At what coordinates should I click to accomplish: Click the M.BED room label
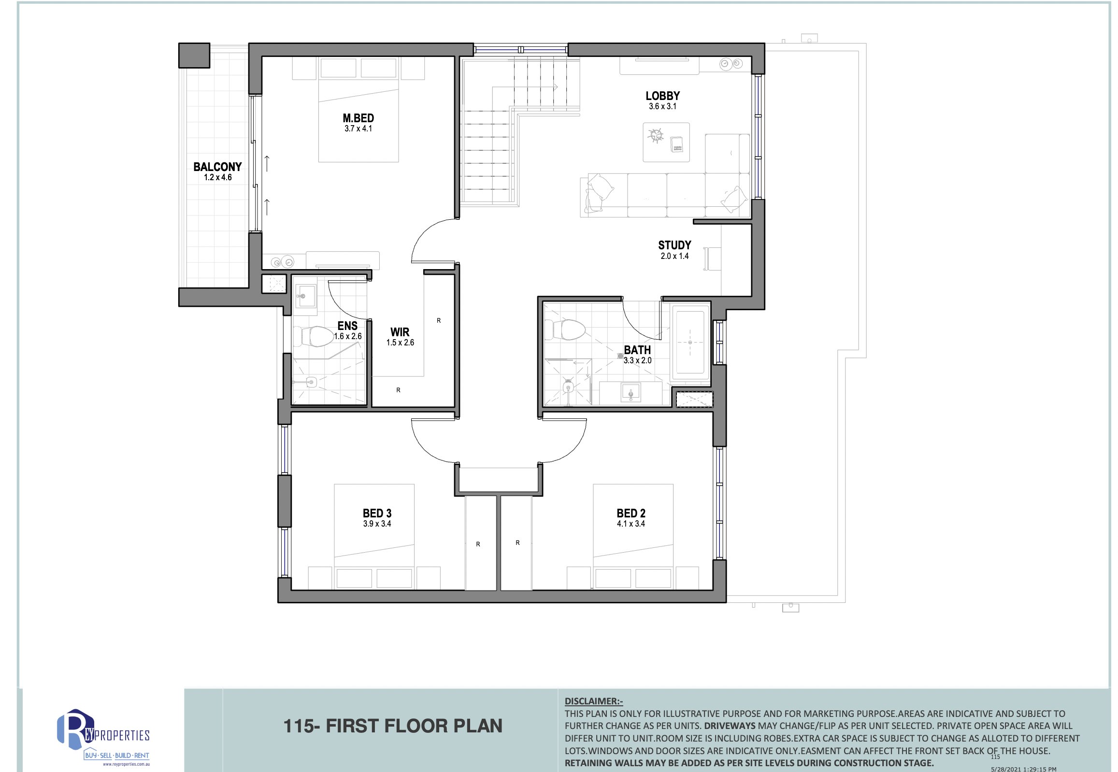[x=358, y=118]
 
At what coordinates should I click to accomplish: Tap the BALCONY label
[x=218, y=167]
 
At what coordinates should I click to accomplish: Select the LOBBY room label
[x=663, y=96]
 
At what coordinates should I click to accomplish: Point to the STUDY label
[x=674, y=245]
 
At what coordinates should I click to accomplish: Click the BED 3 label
[x=377, y=513]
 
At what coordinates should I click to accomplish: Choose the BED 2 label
[x=631, y=513]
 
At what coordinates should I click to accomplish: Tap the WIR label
[x=400, y=332]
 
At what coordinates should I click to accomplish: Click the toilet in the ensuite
[x=317, y=337]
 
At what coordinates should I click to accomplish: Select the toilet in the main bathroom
[x=569, y=330]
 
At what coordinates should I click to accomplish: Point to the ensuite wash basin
[x=305, y=295]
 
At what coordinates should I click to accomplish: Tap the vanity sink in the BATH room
[x=631, y=392]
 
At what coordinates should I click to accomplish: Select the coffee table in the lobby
[x=666, y=142]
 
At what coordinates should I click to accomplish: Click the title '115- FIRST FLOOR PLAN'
[x=392, y=726]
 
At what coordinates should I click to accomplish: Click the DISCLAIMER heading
[x=594, y=701]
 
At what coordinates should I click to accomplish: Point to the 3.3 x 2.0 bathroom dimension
[x=637, y=360]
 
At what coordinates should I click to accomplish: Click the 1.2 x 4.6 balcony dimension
[x=218, y=177]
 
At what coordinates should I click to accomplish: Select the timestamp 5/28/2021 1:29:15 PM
[x=1024, y=769]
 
